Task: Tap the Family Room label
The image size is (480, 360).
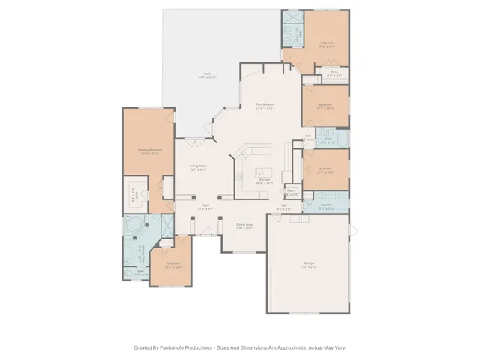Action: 264,106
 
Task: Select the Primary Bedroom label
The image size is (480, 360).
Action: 150,152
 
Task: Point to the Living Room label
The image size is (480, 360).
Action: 198,169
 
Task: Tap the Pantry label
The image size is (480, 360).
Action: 292,192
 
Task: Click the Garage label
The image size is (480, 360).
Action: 309,265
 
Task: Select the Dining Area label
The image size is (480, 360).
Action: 244,226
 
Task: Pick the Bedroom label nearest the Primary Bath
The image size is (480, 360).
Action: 173,264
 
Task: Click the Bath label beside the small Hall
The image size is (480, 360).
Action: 327,141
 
